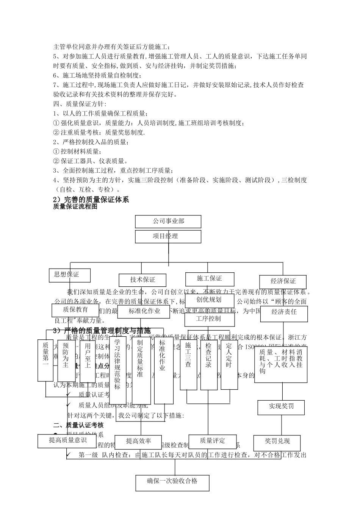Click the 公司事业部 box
[x=168, y=221]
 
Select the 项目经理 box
[x=168, y=236]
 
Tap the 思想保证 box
[x=70, y=275]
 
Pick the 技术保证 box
[x=142, y=280]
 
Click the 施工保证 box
[x=210, y=279]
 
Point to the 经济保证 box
[x=283, y=281]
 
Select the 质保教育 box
[x=70, y=310]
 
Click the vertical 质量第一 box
[x=45, y=360]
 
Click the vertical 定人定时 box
[x=229, y=362]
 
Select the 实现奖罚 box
[x=281, y=407]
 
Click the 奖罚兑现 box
[x=277, y=442]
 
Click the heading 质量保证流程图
[x=75, y=207]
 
